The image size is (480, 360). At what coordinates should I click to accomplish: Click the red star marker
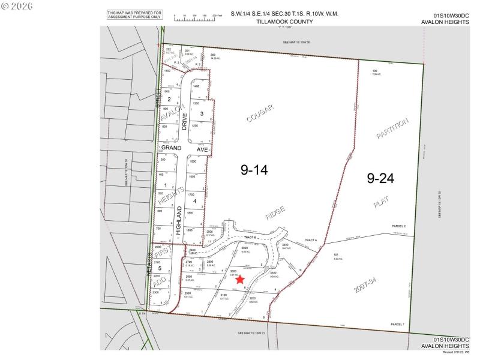click(x=240, y=279)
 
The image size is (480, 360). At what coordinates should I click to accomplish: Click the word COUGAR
click(x=260, y=113)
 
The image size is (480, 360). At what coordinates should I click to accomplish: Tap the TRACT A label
click(x=310, y=239)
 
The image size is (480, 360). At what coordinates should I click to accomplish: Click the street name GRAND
click(x=171, y=148)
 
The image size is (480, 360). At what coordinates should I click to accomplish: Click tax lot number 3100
click(x=224, y=295)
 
